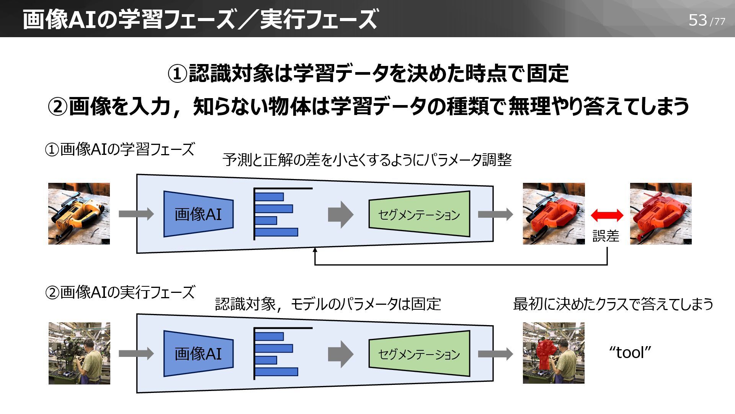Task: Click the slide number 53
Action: (697, 20)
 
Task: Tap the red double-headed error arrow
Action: (607, 215)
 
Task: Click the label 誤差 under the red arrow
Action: (606, 236)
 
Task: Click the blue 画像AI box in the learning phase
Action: (198, 214)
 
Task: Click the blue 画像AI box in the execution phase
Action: (198, 353)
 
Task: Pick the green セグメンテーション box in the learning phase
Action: (419, 214)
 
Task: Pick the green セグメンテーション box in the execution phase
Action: (419, 354)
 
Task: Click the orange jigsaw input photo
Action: (79, 214)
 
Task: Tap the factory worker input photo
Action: (79, 353)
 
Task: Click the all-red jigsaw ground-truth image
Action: (661, 214)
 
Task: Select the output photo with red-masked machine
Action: (554, 353)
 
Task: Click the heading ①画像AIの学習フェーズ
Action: (120, 149)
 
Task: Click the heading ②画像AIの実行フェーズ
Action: (120, 292)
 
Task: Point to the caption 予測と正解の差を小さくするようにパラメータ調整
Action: (367, 160)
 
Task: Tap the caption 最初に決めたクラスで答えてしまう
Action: (613, 304)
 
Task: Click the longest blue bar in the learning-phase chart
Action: (276, 232)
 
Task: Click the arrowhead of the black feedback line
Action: (315, 250)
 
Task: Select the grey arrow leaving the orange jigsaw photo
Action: (136, 214)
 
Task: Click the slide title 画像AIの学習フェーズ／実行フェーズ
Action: (200, 19)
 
